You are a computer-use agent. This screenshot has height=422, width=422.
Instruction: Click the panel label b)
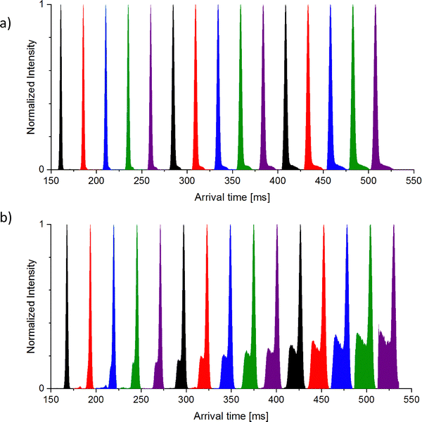8,219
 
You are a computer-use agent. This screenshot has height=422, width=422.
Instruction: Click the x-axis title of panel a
232,198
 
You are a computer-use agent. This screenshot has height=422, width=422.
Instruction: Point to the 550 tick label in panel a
413,181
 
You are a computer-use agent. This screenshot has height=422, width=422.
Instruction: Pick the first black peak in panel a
61,105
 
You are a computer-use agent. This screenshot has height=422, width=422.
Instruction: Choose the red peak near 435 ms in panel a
308,105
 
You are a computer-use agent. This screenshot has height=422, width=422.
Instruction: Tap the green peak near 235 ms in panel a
129,105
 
